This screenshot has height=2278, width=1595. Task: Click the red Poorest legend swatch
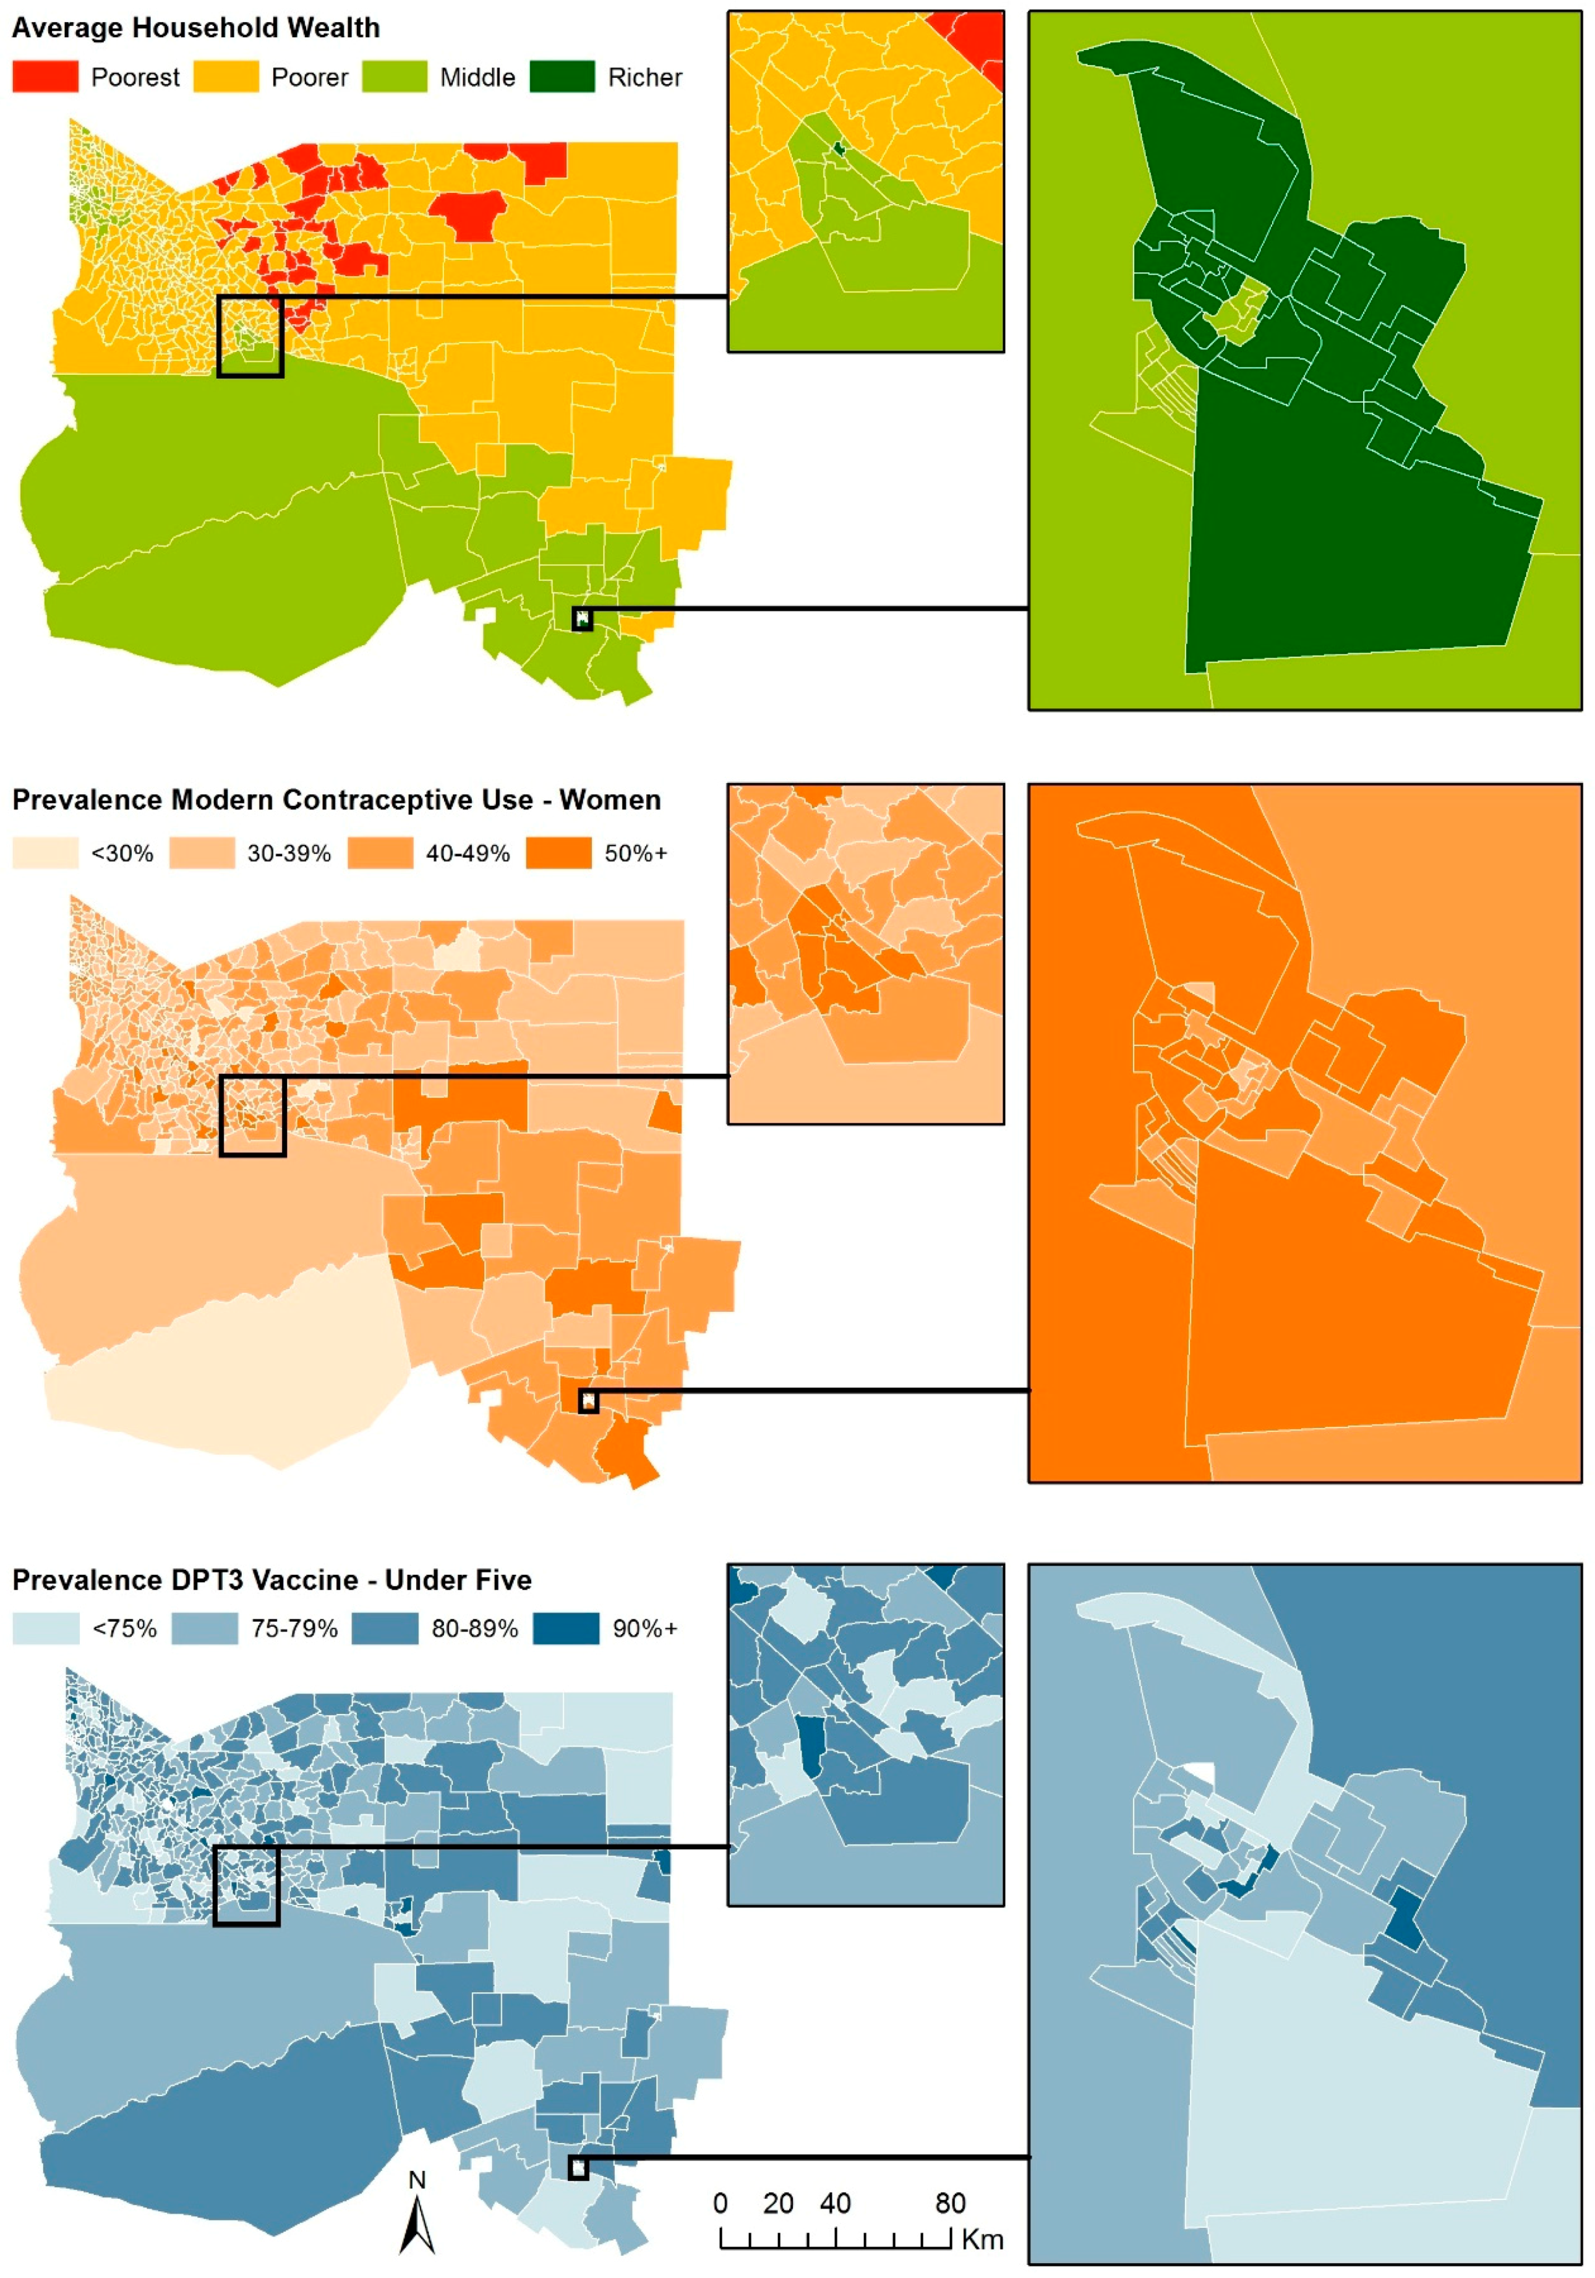[x=45, y=77]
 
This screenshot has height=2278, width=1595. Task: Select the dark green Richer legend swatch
[x=562, y=77]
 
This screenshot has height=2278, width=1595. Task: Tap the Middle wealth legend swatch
[x=394, y=77]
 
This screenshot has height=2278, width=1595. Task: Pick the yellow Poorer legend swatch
[x=225, y=77]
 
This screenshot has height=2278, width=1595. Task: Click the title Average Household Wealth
[x=195, y=28]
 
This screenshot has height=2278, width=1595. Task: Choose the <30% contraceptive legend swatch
[x=45, y=854]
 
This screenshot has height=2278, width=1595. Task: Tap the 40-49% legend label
[x=467, y=854]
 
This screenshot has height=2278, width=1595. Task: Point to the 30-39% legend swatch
[x=202, y=854]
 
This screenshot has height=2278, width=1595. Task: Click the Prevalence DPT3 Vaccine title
[x=272, y=1580]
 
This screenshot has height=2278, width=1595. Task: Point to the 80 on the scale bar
[x=949, y=2203]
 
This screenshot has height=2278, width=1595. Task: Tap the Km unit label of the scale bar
[x=982, y=2238]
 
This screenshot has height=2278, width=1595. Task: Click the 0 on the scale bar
[x=721, y=2203]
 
